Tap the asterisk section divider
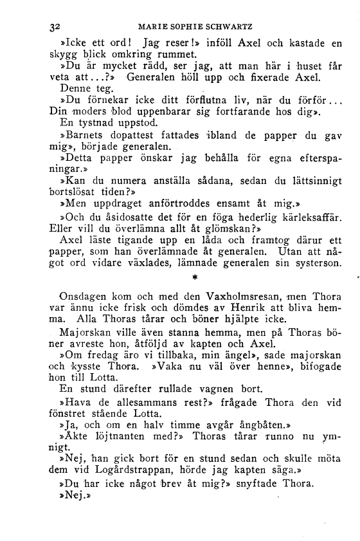coord(194,278)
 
